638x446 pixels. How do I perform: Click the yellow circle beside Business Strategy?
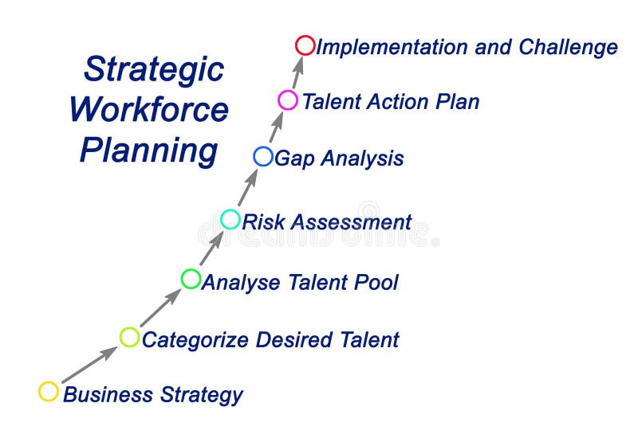click(49, 391)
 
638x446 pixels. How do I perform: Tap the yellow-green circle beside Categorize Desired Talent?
click(129, 337)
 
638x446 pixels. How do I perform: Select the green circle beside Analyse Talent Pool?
click(191, 279)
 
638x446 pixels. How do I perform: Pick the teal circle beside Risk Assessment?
click(230, 219)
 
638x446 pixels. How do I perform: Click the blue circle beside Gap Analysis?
click(263, 156)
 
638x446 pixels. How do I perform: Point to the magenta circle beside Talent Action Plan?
click(288, 100)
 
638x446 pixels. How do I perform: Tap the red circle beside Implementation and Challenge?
click(305, 45)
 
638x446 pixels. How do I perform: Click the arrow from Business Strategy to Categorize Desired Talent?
click(89, 364)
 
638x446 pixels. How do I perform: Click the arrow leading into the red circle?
click(297, 72)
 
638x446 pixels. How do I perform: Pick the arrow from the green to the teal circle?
click(211, 248)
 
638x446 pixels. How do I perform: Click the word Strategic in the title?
click(154, 68)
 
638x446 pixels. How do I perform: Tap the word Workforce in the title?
click(149, 109)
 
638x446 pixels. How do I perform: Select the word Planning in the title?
click(148, 150)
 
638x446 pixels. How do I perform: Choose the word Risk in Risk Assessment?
click(262, 221)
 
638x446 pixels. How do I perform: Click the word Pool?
click(375, 281)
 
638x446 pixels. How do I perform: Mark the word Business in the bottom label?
click(108, 393)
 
